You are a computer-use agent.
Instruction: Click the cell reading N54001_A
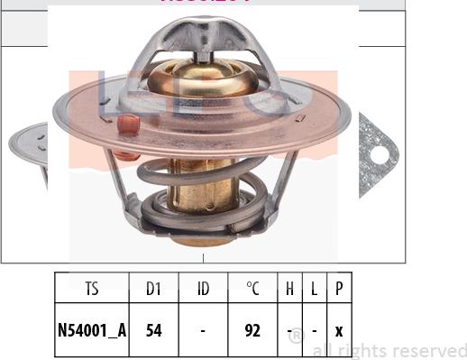coord(92,331)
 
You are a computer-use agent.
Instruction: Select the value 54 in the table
coord(153,331)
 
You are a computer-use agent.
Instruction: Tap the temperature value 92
coord(252,331)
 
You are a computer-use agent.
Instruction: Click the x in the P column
coord(338,331)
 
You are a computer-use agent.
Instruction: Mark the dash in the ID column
coord(203,331)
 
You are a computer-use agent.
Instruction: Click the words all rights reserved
coord(389,350)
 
